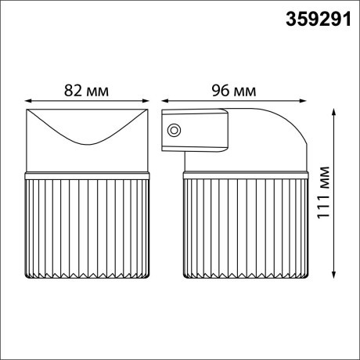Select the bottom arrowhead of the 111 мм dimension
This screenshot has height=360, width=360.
(337, 275)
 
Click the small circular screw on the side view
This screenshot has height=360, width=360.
(175, 130)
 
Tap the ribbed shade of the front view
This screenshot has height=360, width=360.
(88, 227)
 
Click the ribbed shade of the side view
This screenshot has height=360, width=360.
(244, 227)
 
